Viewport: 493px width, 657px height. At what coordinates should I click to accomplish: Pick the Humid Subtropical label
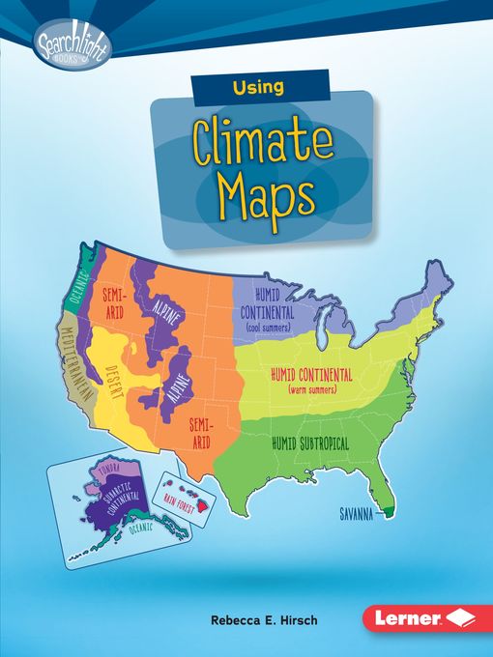(x=310, y=443)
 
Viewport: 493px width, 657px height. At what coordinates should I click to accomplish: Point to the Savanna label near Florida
(x=355, y=515)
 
